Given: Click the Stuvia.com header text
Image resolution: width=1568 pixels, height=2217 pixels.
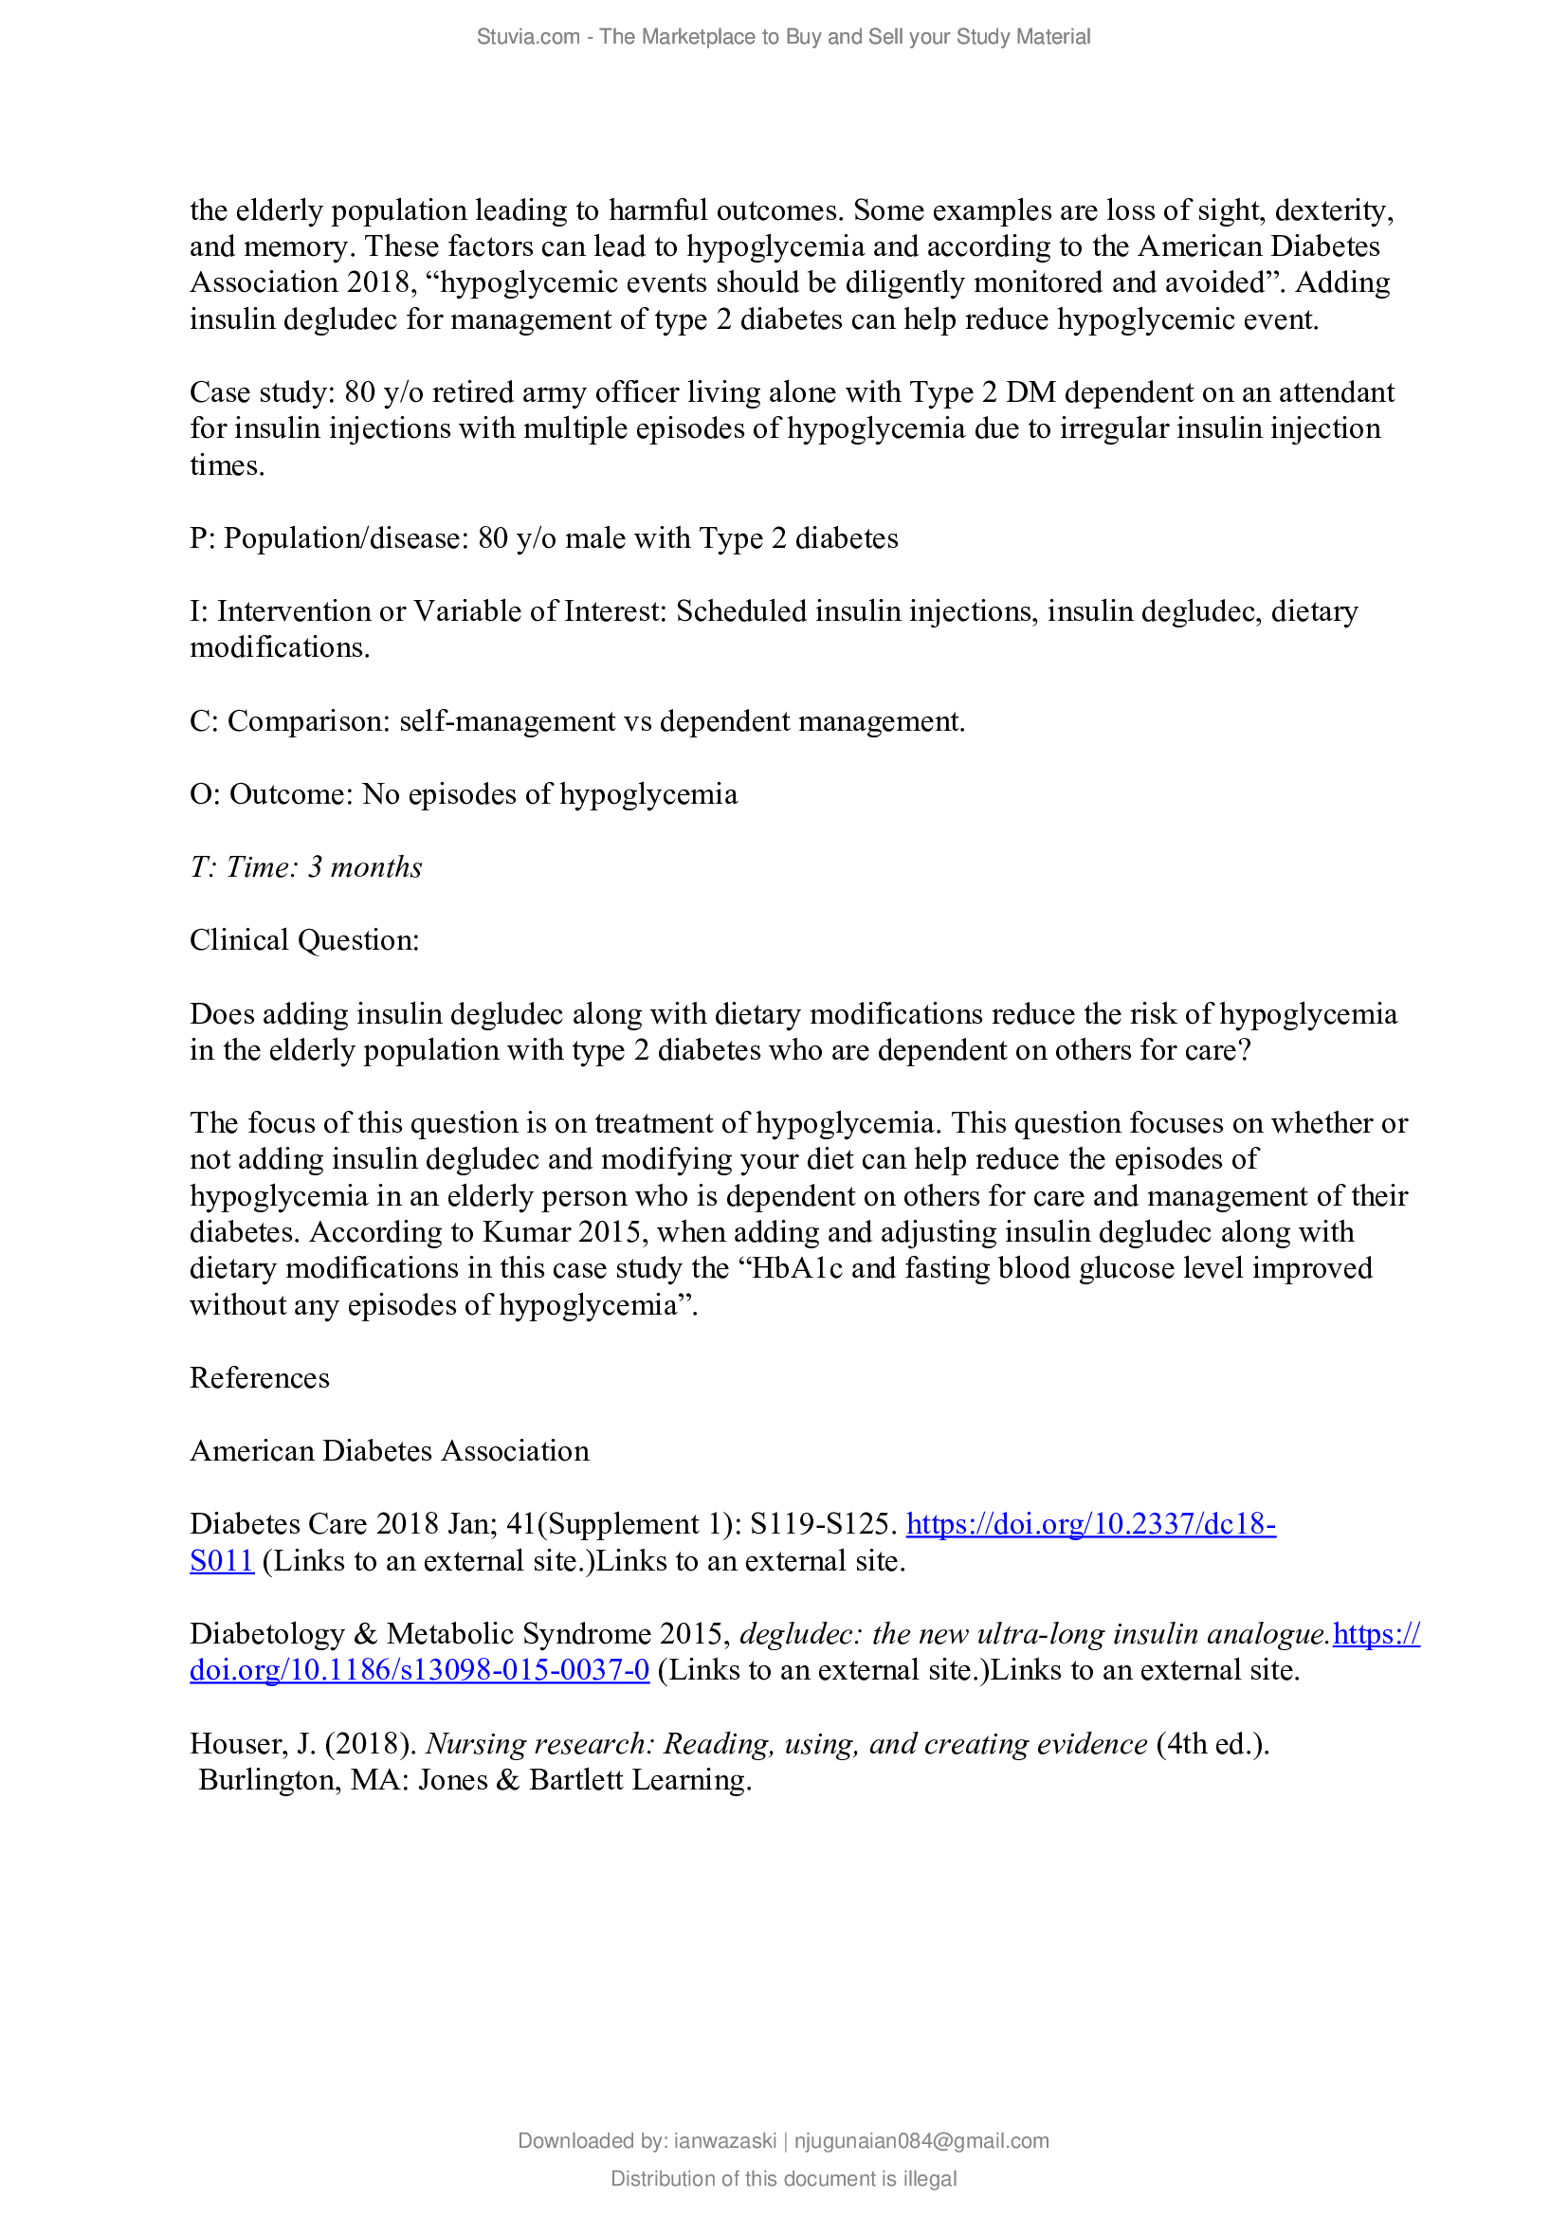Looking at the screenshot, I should (783, 37).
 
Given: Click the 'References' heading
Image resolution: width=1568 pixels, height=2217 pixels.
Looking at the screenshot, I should (259, 1378).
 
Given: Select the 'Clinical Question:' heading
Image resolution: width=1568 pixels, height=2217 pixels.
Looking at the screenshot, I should (304, 939).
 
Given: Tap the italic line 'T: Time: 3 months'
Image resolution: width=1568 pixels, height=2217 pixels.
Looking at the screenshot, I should (305, 867).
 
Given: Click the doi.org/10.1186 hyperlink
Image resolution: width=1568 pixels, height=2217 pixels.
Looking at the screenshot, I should (419, 1669).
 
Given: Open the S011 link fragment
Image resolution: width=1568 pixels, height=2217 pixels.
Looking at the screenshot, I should (221, 1560).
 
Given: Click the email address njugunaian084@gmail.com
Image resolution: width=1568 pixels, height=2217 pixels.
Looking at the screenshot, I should (921, 2141).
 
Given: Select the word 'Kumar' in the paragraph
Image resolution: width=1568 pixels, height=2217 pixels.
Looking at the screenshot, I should (525, 1232).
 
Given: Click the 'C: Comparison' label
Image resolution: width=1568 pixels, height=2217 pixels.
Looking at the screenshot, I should (290, 721).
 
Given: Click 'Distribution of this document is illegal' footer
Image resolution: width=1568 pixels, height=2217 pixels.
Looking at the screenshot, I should (783, 2178).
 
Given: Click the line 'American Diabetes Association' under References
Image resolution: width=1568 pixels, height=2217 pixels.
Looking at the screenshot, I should (389, 1450).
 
